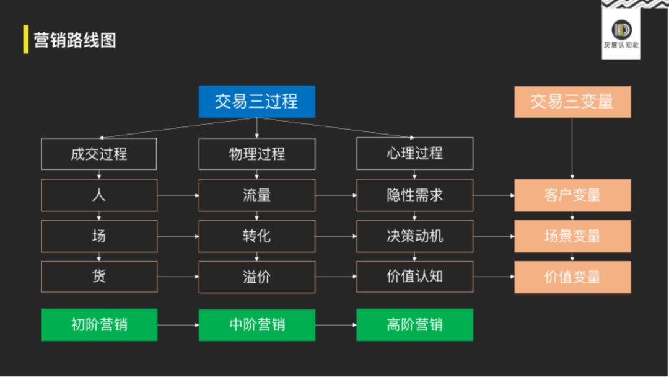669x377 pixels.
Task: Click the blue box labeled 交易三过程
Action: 256,101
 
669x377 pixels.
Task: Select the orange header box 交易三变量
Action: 572,101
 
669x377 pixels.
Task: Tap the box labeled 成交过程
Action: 99,154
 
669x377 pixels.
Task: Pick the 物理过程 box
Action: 256,154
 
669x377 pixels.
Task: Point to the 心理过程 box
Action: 414,154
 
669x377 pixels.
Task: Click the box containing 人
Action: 99,195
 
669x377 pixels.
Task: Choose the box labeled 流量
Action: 256,195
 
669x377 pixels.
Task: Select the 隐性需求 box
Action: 414,195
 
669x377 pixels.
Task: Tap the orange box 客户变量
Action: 572,195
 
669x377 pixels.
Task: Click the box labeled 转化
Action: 256,236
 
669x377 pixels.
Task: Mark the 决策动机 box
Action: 414,236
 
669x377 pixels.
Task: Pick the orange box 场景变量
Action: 572,236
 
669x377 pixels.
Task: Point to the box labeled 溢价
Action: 256,277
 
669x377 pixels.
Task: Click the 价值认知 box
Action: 414,277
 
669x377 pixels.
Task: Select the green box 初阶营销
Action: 99,324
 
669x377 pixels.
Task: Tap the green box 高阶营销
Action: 414,324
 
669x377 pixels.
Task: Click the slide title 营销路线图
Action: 75,40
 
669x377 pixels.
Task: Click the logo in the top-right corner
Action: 621,32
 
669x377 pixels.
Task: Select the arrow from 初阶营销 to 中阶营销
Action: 178,324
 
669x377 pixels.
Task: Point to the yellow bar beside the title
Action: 25,40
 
